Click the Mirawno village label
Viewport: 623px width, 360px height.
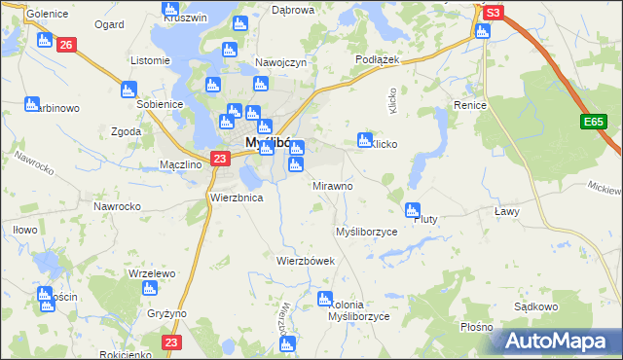[332, 185]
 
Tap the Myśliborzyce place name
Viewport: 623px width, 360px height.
[366, 233]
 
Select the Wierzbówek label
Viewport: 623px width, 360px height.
[306, 261]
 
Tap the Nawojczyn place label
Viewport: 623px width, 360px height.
[281, 62]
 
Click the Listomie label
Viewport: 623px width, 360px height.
[151, 60]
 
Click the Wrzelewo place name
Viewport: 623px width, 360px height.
[151, 274]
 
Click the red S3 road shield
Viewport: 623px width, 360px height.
[494, 13]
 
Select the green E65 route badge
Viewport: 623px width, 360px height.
[595, 122]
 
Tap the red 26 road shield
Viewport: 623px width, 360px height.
[66, 45]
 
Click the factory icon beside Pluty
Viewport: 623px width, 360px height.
[413, 209]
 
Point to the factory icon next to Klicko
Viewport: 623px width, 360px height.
[366, 139]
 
